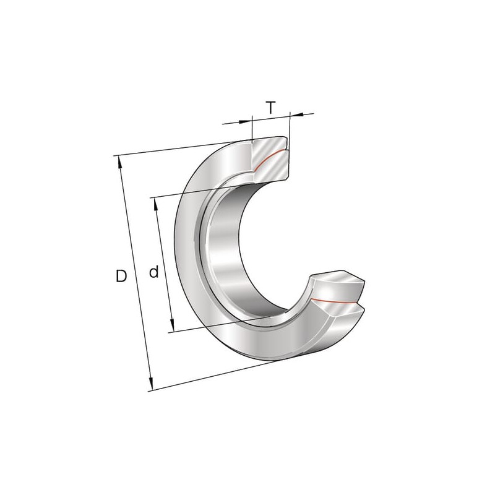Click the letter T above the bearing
tap(270, 108)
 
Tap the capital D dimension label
tap(121, 276)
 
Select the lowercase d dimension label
tap(153, 272)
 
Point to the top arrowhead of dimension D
tap(119, 163)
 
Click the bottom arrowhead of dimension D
tap(151, 383)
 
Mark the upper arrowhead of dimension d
tap(155, 205)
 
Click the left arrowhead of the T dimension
tap(246, 121)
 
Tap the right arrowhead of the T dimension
tap(296, 114)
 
